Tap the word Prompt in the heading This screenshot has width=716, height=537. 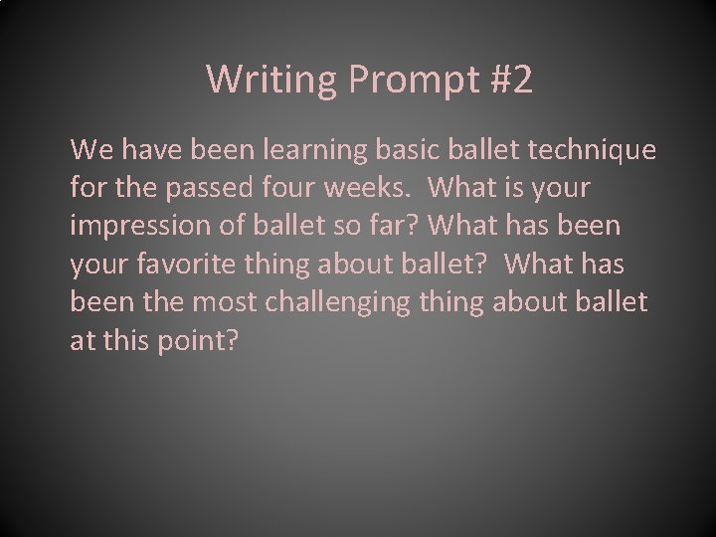coord(397,81)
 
